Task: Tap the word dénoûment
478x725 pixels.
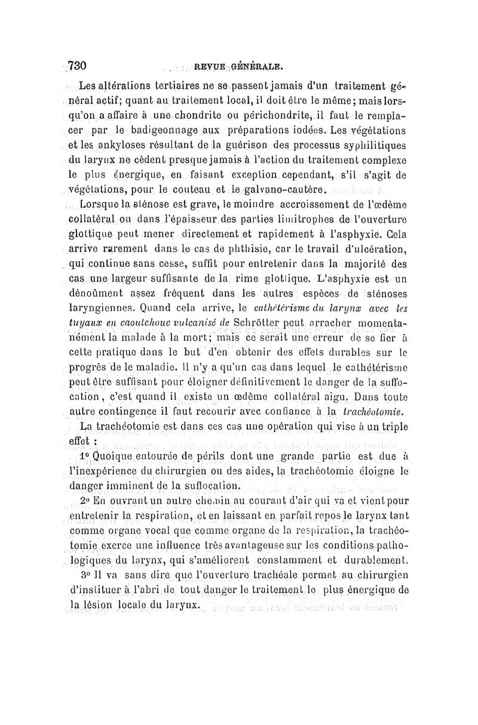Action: tap(102, 294)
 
